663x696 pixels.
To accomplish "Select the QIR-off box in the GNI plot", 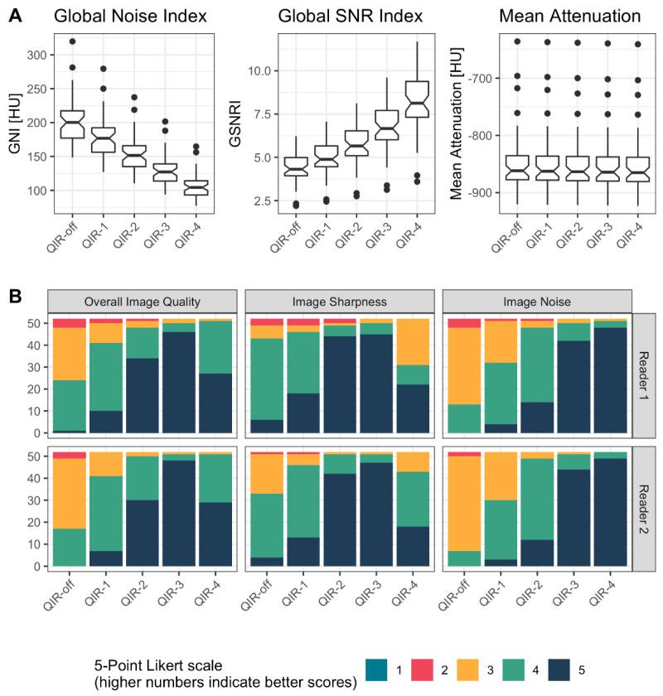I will coord(73,124).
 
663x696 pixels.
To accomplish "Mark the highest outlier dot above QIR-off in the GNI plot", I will coord(73,41).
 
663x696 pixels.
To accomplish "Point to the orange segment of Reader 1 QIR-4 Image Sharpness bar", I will coord(414,341).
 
